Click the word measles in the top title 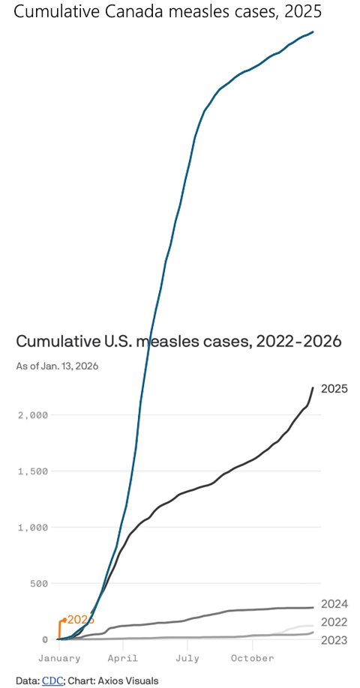[x=204, y=12]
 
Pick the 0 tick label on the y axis [x=45, y=639]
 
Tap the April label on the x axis [x=123, y=658]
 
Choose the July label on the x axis [x=187, y=658]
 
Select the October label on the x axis [x=252, y=658]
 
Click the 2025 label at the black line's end [x=334, y=388]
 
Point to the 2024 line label [x=334, y=604]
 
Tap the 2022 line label [x=334, y=622]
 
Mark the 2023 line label [x=334, y=639]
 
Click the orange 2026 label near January [x=80, y=620]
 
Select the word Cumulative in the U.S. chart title [x=60, y=342]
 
